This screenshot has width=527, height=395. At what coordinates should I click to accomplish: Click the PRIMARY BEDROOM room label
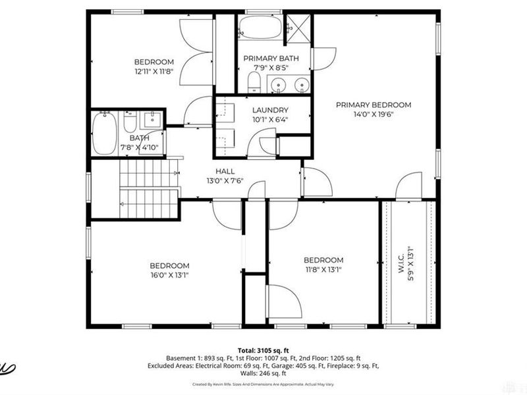coord(373,105)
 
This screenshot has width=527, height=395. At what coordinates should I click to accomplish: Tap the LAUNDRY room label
coord(270,110)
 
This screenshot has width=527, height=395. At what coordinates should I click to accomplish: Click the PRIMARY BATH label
coord(271,59)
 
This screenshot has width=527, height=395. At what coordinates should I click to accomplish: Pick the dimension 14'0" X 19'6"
coord(373,114)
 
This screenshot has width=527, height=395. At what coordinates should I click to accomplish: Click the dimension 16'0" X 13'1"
coord(169,275)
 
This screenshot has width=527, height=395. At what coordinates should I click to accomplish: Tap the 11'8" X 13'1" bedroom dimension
coord(323,269)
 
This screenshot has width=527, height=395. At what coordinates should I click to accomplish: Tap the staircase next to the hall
coord(149,189)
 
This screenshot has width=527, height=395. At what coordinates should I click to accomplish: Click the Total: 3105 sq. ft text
coord(263,350)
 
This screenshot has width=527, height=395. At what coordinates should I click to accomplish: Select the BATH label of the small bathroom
coord(139,138)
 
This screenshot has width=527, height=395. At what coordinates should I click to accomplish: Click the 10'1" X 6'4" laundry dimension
coord(270,119)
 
